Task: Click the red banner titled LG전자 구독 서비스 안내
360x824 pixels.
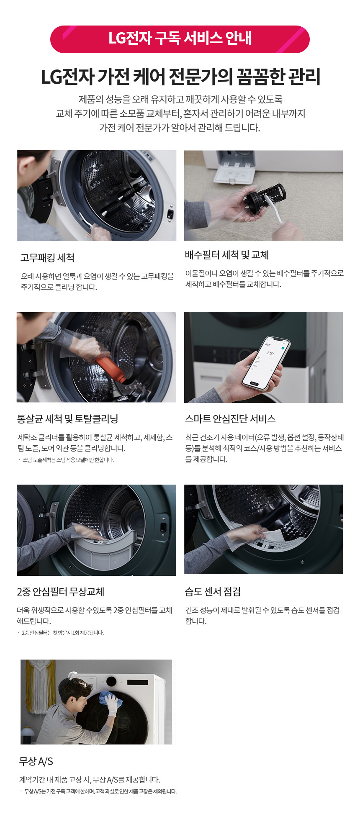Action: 180,39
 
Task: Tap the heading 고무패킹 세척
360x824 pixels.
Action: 48,258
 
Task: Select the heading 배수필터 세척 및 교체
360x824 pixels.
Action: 227,255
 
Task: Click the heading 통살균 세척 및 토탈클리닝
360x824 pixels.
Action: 67,419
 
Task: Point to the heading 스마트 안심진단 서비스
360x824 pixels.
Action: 230,419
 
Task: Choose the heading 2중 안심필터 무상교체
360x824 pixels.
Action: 61,592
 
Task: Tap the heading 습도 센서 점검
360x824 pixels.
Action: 213,592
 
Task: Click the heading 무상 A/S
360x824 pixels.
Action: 36,761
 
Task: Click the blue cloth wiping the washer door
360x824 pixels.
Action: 110,700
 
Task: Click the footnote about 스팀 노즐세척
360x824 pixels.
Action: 66,460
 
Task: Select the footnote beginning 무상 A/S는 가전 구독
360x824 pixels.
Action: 98,791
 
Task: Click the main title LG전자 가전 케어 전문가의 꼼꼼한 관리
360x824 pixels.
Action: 180,77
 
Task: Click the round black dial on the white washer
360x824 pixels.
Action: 111,681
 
